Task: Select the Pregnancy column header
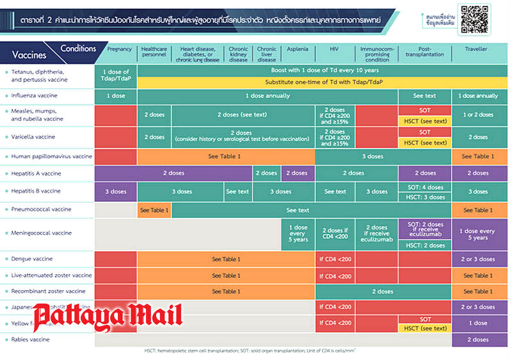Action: click(x=120, y=49)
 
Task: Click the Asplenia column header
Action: click(x=297, y=49)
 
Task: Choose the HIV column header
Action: click(x=335, y=49)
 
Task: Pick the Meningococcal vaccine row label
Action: click(x=45, y=233)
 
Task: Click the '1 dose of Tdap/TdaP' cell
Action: click(x=115, y=76)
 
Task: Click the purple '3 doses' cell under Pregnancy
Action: click(x=115, y=191)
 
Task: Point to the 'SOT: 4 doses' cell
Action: click(x=425, y=186)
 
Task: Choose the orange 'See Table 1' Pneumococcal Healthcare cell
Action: click(x=154, y=209)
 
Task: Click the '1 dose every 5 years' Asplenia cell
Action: click(x=298, y=233)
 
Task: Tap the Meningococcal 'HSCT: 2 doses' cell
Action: click(x=425, y=245)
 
